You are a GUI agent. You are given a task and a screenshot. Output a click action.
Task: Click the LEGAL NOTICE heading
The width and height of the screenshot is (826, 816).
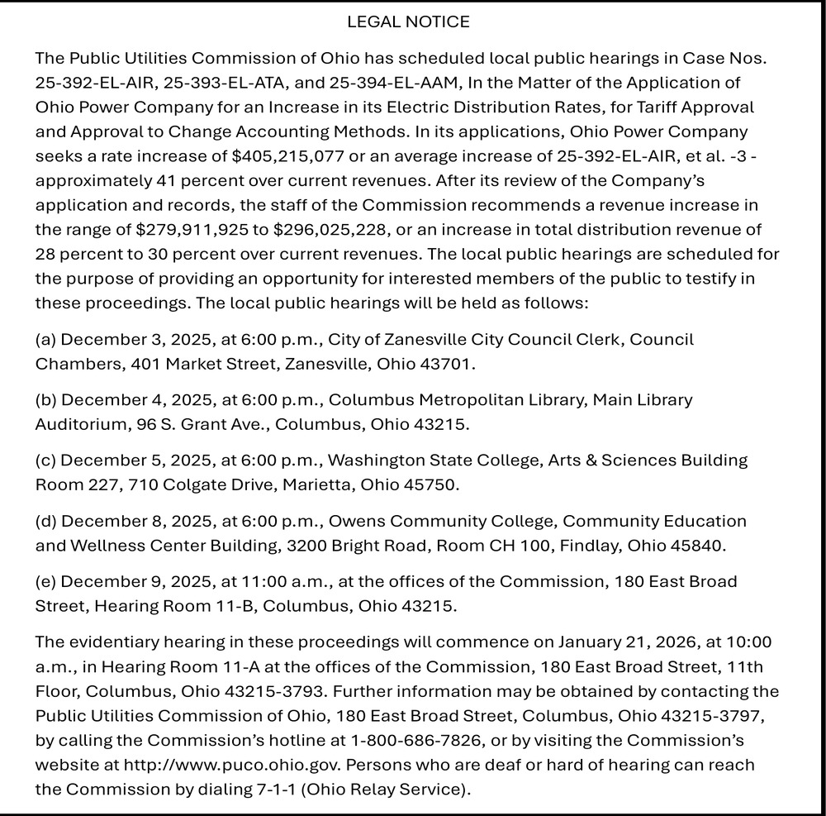[408, 22]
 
